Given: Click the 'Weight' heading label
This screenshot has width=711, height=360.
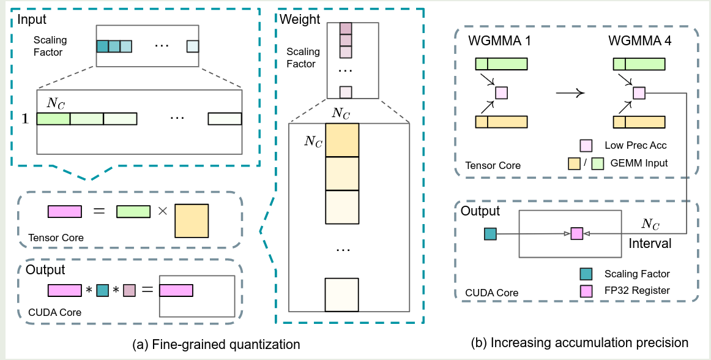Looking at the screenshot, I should click(300, 19).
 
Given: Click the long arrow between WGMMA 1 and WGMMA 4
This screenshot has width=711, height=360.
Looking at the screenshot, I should click(570, 93).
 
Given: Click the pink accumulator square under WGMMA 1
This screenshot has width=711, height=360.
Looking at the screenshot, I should click(501, 93).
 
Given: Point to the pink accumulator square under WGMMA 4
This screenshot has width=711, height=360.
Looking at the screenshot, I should click(639, 93).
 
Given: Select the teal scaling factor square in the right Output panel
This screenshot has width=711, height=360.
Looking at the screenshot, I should click(490, 233).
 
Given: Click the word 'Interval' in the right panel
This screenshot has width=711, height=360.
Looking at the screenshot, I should click(650, 244).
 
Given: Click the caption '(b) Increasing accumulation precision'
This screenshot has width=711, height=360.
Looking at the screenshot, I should click(580, 342).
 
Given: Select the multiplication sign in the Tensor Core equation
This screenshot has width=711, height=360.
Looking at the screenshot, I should click(162, 211).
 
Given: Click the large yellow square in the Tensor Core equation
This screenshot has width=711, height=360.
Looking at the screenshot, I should click(192, 220).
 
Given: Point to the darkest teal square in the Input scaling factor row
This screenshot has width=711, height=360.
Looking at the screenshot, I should click(102, 46).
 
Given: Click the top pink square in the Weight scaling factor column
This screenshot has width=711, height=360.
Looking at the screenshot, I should click(346, 28).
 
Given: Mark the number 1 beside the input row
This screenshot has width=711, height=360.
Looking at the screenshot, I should click(25, 119).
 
